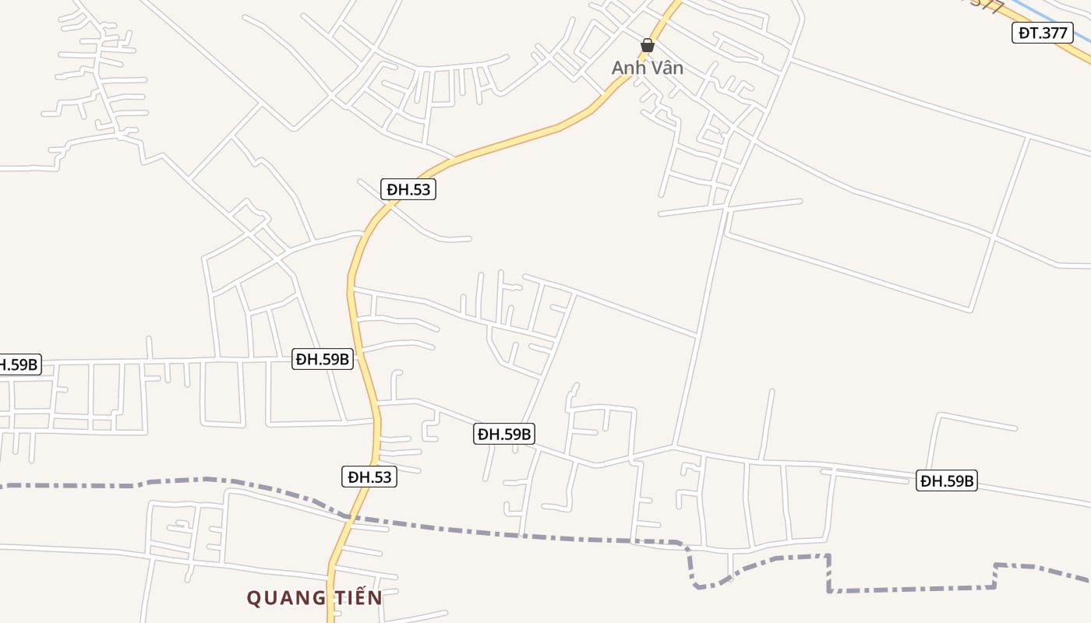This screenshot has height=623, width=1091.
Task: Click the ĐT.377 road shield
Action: tap(1042, 33)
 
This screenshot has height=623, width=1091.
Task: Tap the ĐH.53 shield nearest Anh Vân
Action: tap(408, 189)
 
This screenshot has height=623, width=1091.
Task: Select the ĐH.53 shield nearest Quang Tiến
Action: tap(369, 477)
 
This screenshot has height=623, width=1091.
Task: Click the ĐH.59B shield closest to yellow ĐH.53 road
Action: tap(322, 359)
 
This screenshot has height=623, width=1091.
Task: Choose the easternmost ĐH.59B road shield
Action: tap(946, 480)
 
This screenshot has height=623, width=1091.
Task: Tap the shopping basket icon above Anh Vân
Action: tap(647, 45)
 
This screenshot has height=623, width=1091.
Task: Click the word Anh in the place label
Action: tap(625, 68)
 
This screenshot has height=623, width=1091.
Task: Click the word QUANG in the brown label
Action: tap(281, 598)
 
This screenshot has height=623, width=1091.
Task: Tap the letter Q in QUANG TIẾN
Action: tap(254, 598)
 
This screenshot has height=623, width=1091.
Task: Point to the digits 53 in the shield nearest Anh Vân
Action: tap(420, 189)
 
